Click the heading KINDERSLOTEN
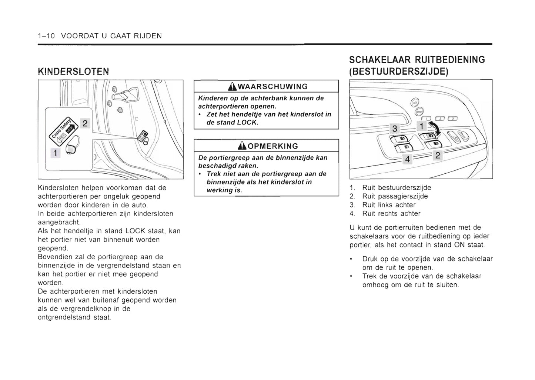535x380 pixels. tap(73, 71)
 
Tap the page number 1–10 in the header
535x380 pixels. tap(46, 36)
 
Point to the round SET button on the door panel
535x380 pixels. tap(415, 103)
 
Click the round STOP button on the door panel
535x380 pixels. tap(419, 111)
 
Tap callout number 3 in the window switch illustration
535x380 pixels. tap(395, 129)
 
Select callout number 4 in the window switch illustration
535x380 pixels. tap(408, 159)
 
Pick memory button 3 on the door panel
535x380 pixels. tap(452, 118)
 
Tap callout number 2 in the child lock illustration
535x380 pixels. tap(85, 123)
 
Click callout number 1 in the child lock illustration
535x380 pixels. tap(56, 153)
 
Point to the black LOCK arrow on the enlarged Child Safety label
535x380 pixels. tap(70, 129)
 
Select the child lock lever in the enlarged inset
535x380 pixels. tap(72, 146)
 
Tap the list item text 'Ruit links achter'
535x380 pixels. tap(389, 205)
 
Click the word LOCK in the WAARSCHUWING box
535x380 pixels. tap(247, 122)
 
